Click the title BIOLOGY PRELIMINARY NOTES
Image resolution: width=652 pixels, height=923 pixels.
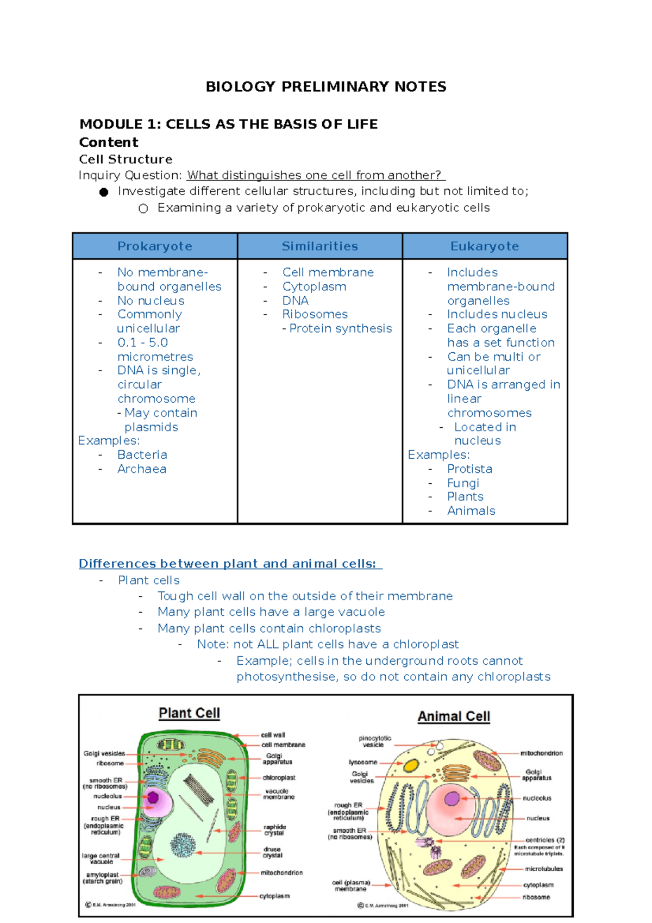click(326, 87)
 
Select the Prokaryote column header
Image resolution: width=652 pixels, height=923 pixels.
click(155, 246)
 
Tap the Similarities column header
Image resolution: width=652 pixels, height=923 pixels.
click(319, 246)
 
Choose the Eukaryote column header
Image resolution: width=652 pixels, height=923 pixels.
click(485, 246)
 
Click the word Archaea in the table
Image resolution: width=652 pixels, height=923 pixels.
click(142, 469)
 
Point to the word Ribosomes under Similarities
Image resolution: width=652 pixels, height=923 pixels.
click(315, 314)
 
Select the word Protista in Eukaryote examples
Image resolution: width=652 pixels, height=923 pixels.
click(469, 469)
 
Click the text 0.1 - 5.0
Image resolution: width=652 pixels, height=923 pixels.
click(142, 342)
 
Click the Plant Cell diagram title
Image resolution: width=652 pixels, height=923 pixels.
click(189, 713)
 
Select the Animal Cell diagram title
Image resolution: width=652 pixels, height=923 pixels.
click(454, 716)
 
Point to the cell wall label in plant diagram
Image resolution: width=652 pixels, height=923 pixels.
click(273, 735)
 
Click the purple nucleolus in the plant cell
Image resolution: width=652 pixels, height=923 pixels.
click(153, 797)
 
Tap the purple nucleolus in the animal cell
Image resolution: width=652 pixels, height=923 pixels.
click(452, 799)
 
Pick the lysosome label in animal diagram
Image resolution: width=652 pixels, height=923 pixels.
click(363, 763)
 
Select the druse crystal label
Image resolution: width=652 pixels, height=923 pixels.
click(272, 852)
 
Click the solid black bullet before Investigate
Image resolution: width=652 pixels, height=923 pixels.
click(104, 192)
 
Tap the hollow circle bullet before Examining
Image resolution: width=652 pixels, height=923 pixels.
click(143, 209)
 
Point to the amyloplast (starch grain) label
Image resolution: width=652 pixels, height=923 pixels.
click(102, 878)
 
